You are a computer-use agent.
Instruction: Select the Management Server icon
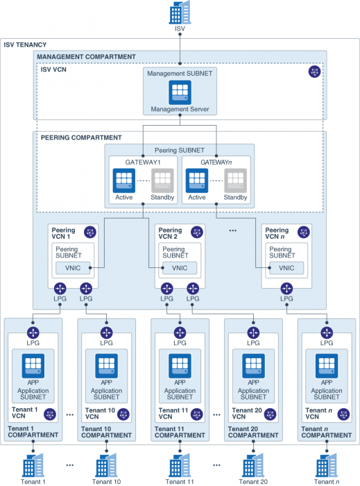(180, 92)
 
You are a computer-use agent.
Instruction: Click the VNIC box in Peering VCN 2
(180, 268)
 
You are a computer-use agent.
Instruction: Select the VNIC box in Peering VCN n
(286, 268)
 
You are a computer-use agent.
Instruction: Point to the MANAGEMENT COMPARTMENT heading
(86, 56)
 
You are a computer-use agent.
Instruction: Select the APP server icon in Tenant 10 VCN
(106, 365)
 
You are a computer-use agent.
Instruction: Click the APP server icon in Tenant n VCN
(326, 365)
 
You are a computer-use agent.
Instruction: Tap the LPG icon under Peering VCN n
(286, 288)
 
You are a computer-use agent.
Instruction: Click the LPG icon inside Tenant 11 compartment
(180, 332)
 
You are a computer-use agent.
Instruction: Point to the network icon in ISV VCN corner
(314, 72)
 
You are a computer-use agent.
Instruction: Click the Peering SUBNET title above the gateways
(179, 150)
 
